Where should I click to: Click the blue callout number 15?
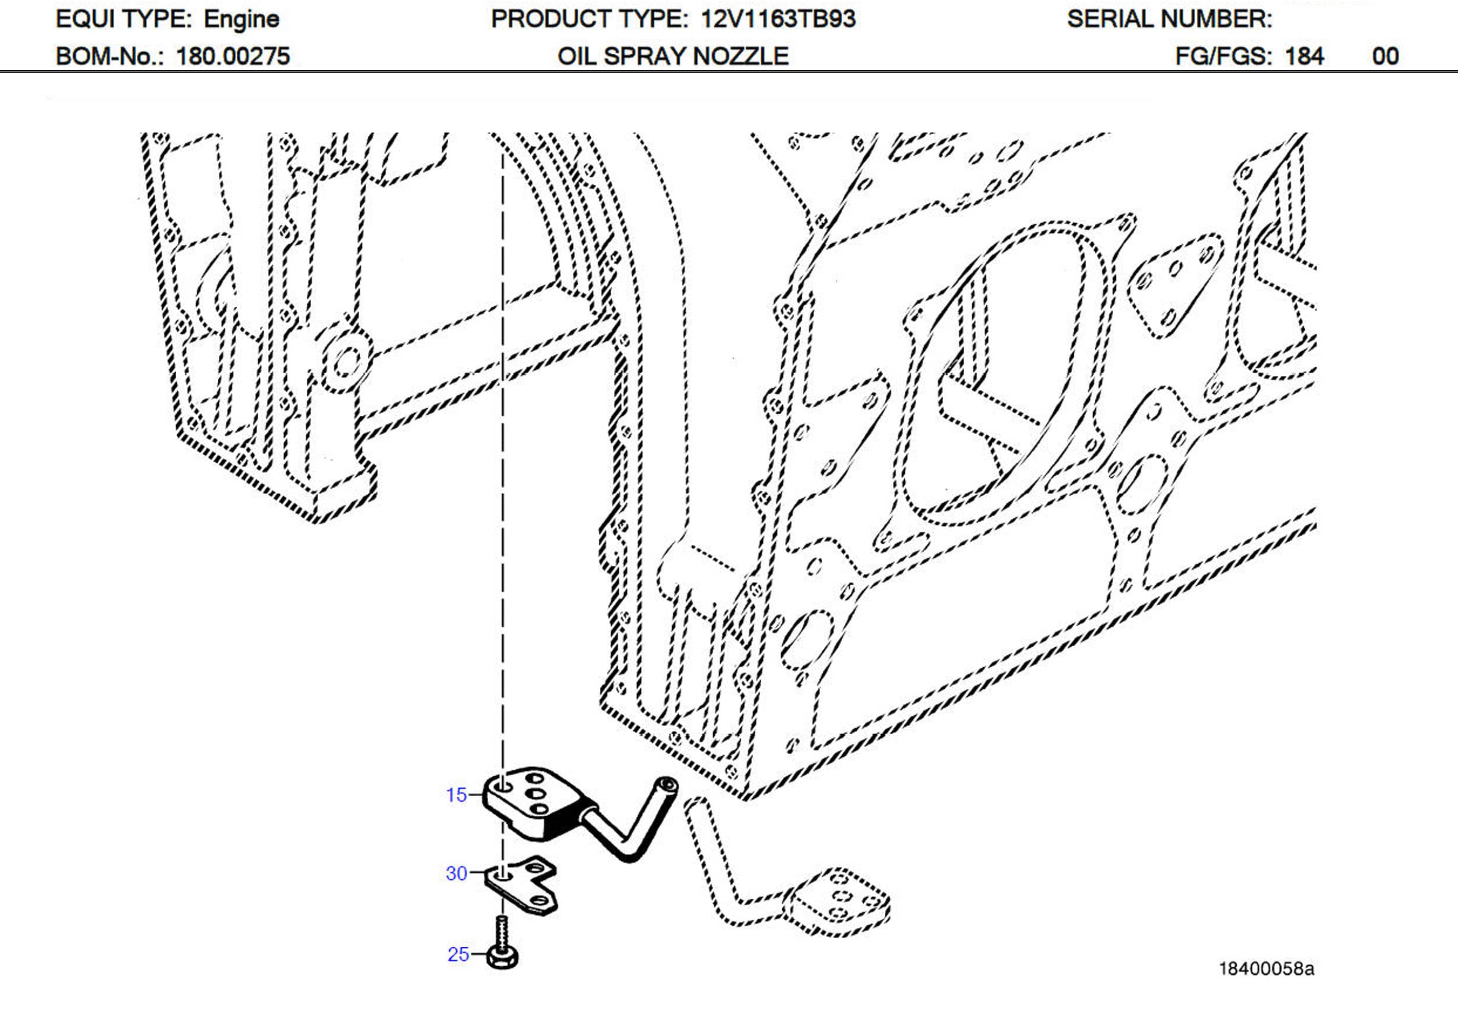456,795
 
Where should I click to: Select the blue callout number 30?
456,874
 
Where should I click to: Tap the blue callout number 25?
458,954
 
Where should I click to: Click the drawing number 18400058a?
1265,969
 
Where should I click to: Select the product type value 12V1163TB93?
778,19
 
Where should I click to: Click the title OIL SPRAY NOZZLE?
673,56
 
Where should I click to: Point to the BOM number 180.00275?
233,56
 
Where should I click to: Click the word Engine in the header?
241,19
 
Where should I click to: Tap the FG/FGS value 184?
1304,56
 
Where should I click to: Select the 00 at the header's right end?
1385,56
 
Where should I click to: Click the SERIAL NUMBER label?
1169,19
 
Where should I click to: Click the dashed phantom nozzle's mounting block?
838,902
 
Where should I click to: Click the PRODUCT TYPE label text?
589,19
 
